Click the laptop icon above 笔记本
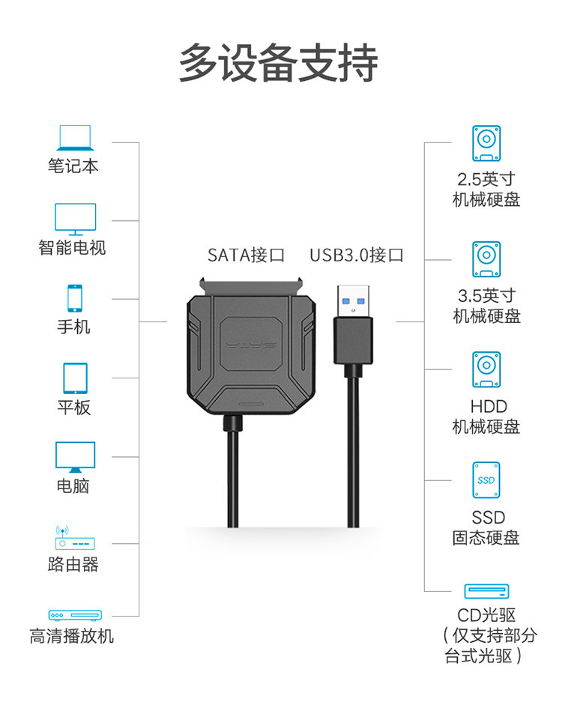73,139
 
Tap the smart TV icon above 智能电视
75,219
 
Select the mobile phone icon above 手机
75,298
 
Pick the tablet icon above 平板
75,378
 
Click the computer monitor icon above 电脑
75,456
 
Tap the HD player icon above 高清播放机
75,615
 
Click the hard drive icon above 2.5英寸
486,143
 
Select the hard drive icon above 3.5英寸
486,259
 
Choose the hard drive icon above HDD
486,370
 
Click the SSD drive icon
486,480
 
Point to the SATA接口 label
247,255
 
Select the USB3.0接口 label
357,255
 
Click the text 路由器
73,565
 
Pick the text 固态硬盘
486,538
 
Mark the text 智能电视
73,248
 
